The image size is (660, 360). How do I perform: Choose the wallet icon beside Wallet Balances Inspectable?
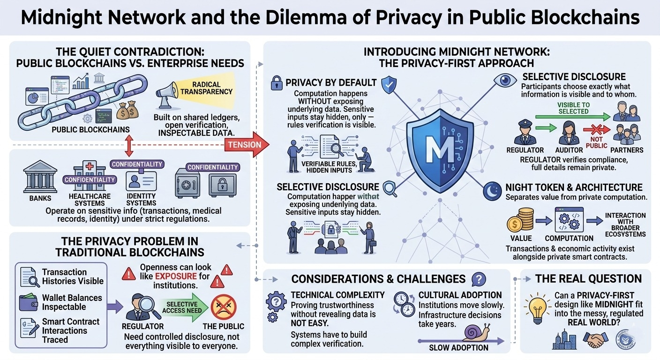[x=29, y=302]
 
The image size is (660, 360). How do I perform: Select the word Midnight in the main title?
[x=60, y=18]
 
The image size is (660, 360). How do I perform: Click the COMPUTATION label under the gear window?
[x=569, y=238]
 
